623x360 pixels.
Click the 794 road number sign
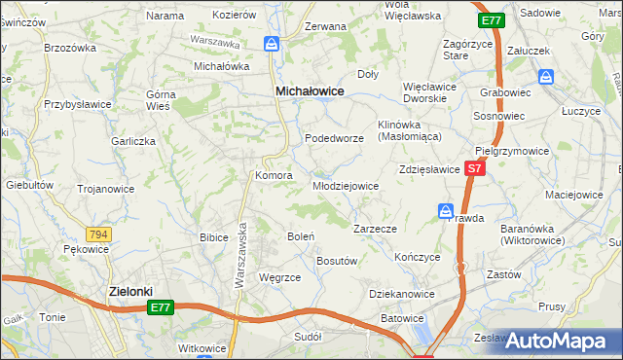[x=96, y=234]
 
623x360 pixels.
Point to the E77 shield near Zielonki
[x=163, y=307]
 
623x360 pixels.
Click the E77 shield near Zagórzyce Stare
[x=491, y=19]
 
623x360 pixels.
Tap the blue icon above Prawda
[x=446, y=210]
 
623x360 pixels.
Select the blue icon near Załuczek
[x=547, y=77]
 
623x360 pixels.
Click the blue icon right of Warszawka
[x=272, y=44]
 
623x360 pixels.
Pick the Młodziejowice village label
[x=345, y=186]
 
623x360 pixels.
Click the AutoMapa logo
[x=559, y=342]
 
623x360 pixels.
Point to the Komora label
[x=274, y=175]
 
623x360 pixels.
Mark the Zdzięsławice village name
[x=428, y=169]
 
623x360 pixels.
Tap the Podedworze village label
[x=334, y=138]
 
